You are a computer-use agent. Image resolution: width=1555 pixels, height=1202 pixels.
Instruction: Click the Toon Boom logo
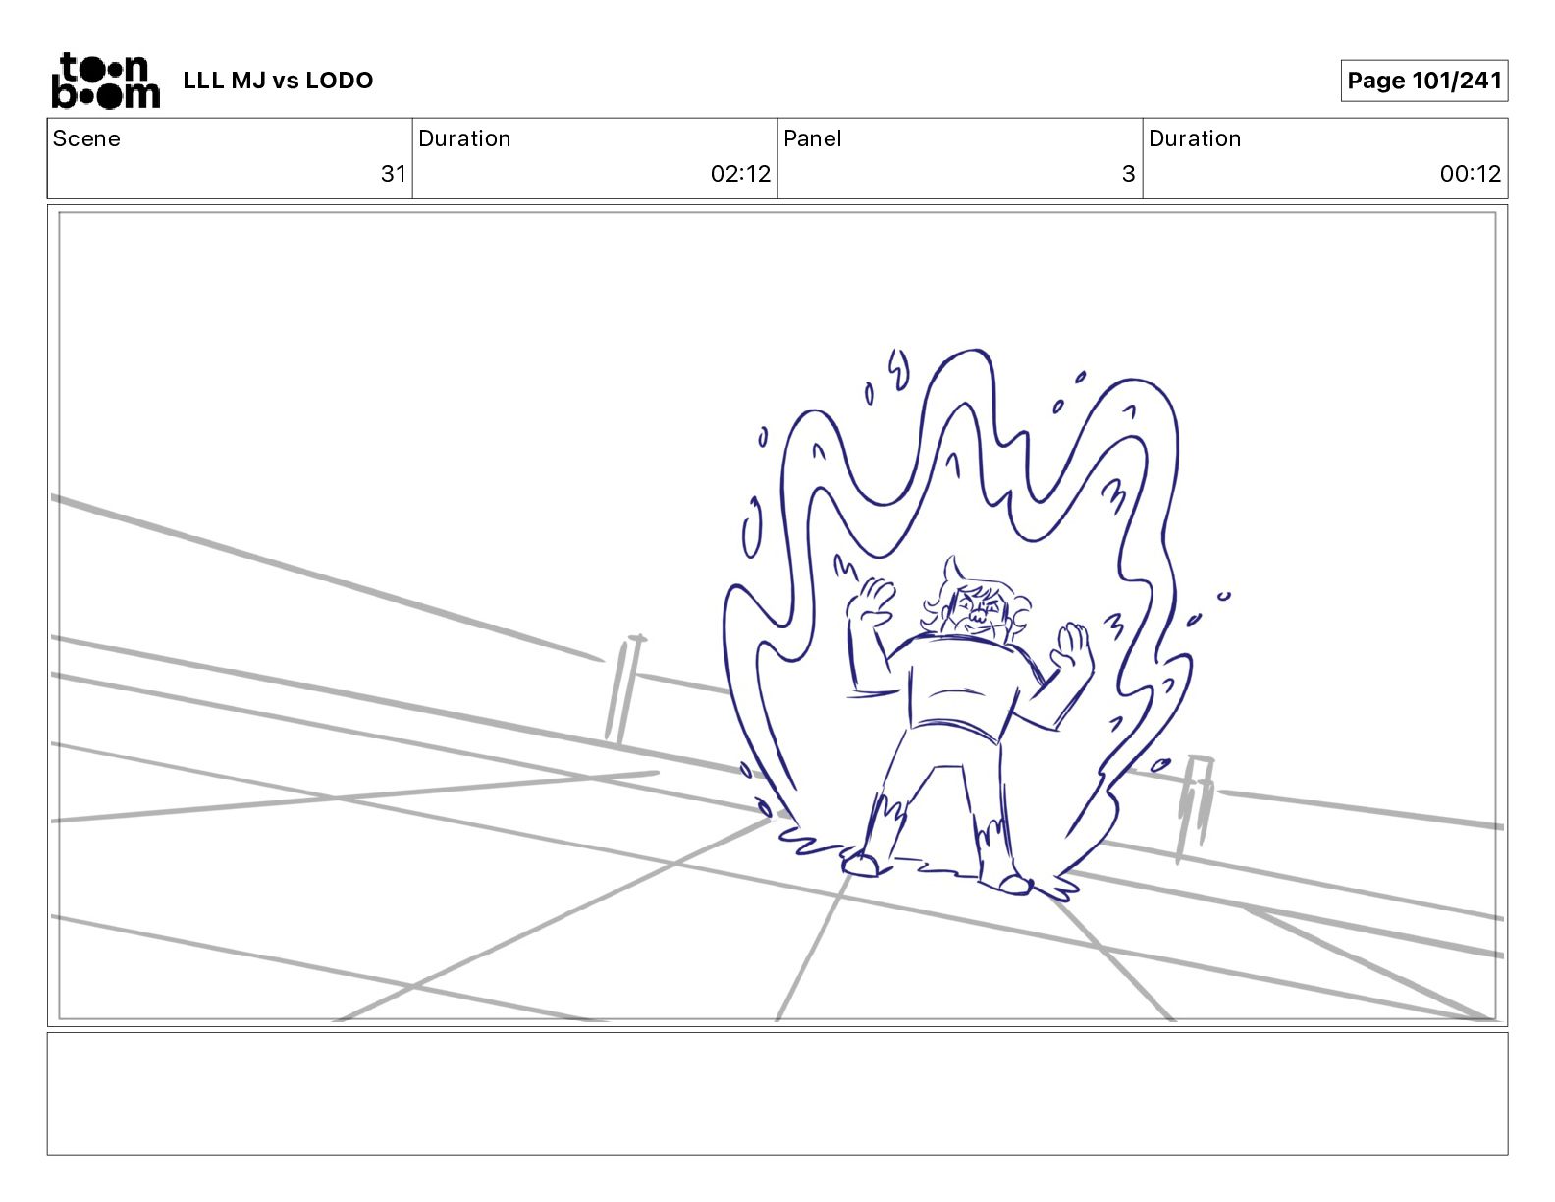pyautogui.click(x=106, y=81)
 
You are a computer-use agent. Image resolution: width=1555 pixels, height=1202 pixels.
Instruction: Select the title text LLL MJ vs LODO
pyautogui.click(x=278, y=81)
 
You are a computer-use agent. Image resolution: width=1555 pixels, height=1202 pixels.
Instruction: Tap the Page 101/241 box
pyautogui.click(x=1424, y=81)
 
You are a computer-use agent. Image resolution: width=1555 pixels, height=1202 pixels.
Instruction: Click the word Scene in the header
pyautogui.click(x=86, y=138)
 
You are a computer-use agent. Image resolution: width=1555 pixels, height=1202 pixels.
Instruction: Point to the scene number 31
pyautogui.click(x=394, y=173)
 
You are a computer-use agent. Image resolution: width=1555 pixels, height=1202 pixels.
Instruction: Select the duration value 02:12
pyautogui.click(x=740, y=173)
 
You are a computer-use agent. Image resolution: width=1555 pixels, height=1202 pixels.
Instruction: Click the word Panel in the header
pyautogui.click(x=812, y=138)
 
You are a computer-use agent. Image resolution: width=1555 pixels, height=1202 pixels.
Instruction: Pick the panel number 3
pyautogui.click(x=1129, y=173)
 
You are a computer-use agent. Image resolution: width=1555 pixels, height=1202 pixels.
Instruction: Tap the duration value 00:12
pyautogui.click(x=1471, y=173)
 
